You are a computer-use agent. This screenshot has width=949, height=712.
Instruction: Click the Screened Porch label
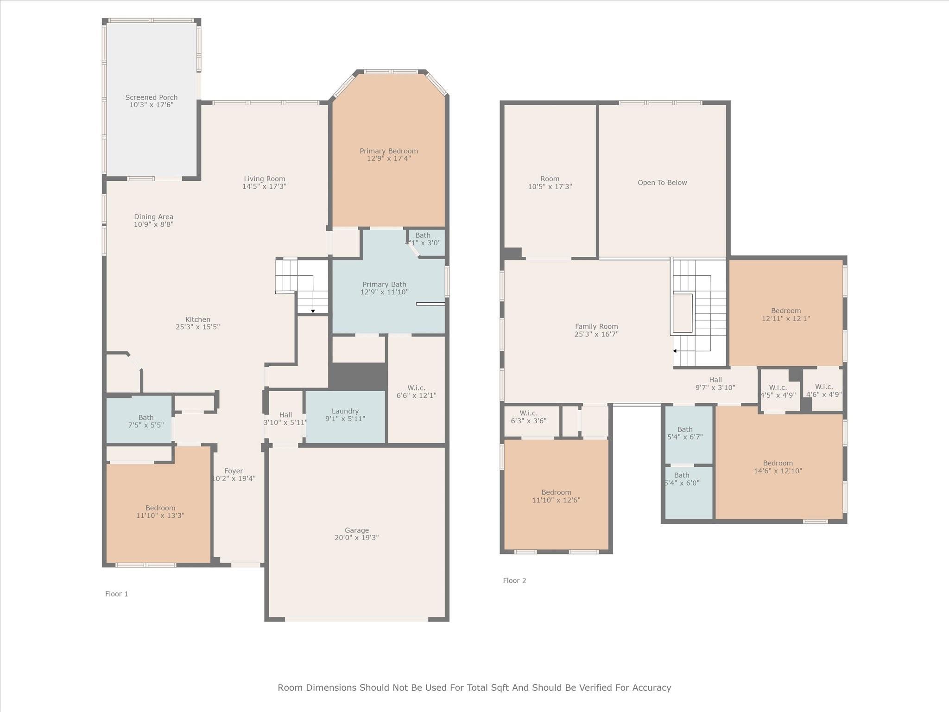[152, 97]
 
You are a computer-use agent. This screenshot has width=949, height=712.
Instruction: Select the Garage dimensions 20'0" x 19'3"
[356, 538]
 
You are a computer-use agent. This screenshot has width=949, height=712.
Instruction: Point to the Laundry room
[345, 415]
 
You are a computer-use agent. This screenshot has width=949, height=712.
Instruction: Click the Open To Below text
[662, 183]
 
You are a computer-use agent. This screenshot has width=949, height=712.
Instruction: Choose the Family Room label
[596, 326]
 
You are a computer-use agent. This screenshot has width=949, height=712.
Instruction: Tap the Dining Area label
[153, 217]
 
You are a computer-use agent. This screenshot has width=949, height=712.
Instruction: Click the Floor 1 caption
[116, 594]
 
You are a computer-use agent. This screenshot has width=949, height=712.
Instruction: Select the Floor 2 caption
[514, 580]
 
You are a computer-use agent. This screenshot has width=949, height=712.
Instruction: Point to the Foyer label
[234, 471]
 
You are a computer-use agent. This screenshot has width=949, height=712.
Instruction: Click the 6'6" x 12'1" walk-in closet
[416, 392]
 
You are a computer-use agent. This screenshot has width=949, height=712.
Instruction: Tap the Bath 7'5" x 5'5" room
[146, 421]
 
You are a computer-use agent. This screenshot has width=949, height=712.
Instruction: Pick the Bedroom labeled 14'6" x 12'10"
[778, 467]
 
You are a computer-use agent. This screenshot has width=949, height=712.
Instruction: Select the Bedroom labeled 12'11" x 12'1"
[785, 315]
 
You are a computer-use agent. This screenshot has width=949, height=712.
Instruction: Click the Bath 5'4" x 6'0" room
[682, 479]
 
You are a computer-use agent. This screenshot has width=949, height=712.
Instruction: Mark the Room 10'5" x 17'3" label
[550, 183]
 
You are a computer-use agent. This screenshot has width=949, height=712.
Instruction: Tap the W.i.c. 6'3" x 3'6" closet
[528, 417]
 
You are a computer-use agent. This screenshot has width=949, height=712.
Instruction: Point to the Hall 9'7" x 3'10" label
[715, 384]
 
